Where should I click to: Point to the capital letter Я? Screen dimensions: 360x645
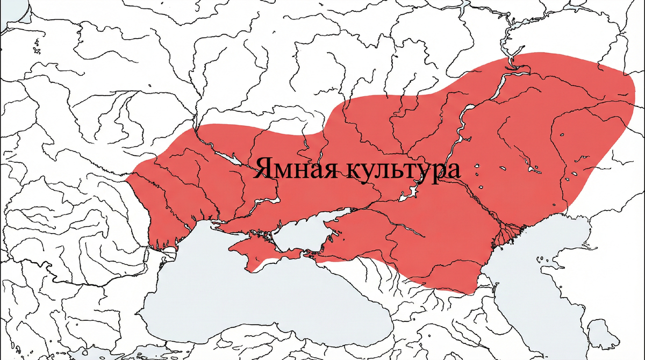[x=263, y=168]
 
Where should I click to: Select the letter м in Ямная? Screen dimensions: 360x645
[x=281, y=171]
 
